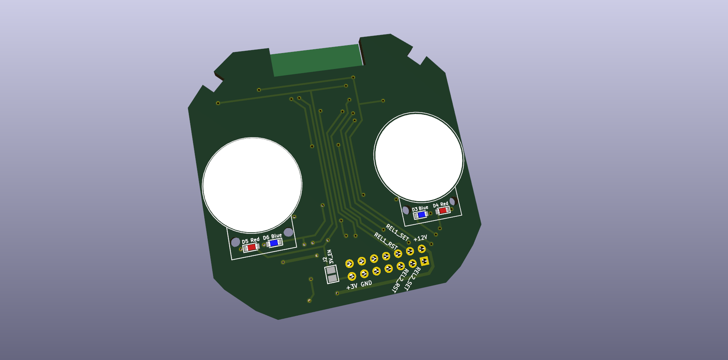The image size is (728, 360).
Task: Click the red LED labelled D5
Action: click(x=251, y=247)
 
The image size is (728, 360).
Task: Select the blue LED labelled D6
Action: click(x=274, y=243)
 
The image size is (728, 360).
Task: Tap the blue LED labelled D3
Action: click(x=421, y=215)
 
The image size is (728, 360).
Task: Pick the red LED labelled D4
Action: click(x=442, y=211)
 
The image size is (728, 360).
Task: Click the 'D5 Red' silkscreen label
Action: click(x=251, y=240)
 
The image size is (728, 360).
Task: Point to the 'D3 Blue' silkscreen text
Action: click(x=420, y=208)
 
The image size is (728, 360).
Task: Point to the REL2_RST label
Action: click(x=400, y=281)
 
